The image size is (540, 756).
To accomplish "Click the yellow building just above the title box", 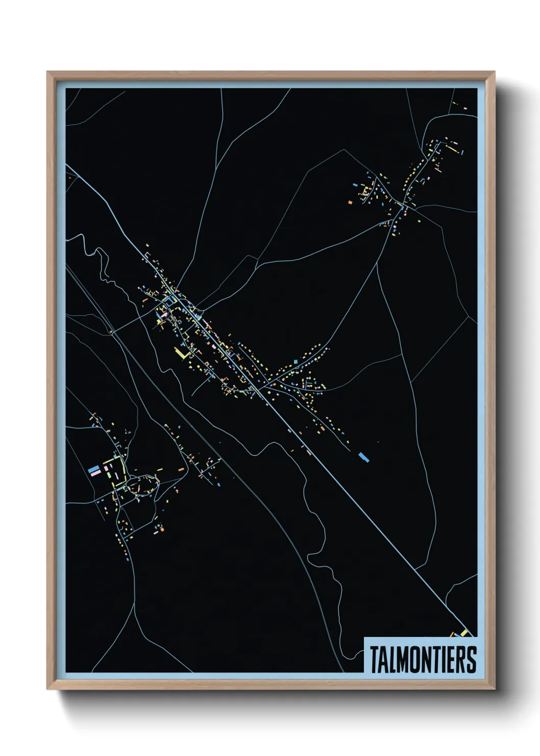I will pos(463,633).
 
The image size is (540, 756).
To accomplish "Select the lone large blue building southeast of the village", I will pos(363,456).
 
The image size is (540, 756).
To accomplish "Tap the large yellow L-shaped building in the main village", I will pos(182,353).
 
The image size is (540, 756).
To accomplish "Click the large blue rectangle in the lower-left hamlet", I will pos(93,468).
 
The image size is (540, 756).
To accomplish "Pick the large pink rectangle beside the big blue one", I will pos(95,474).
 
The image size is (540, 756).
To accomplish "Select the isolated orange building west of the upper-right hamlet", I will pos(350,203).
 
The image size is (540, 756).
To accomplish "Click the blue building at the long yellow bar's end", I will pos(462,152).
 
